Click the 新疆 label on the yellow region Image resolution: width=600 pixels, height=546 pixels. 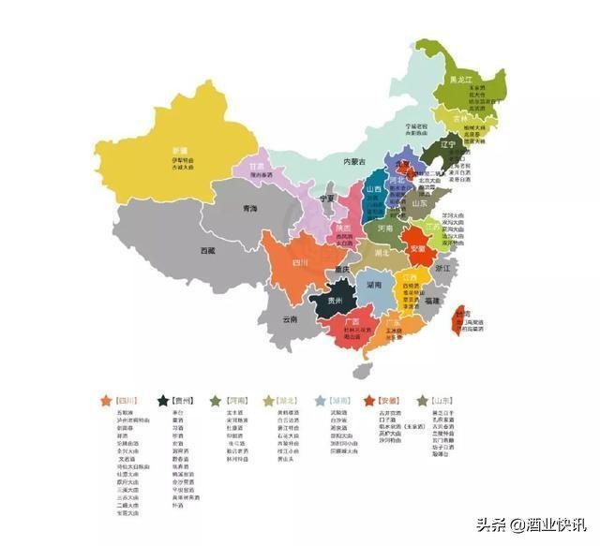click(x=179, y=150)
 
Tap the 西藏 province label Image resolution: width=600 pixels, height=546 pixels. click(x=207, y=251)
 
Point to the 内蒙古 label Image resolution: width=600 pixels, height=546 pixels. click(x=352, y=162)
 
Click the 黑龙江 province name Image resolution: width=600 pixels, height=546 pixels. click(x=463, y=80)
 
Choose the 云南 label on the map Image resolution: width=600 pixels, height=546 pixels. click(x=290, y=318)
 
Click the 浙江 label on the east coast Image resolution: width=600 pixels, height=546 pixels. click(x=442, y=268)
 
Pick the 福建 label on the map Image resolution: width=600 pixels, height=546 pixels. click(x=431, y=302)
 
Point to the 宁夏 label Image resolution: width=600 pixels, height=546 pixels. click(x=326, y=199)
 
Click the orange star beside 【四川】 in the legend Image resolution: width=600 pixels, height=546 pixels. click(x=105, y=400)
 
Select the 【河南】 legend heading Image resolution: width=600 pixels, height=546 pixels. click(x=238, y=400)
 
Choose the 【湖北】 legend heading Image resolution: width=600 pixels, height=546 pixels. click(x=292, y=400)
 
